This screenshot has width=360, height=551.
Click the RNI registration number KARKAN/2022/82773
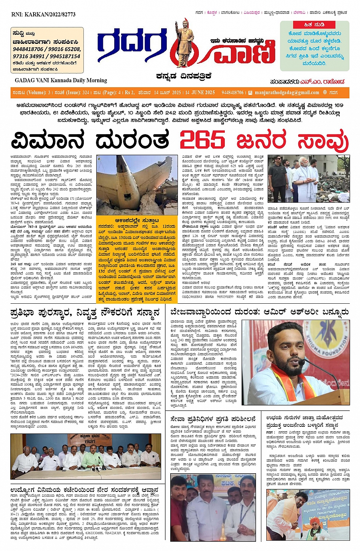point(43,14)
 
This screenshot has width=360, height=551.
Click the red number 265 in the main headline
point(202,140)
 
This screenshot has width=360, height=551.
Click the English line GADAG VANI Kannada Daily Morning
point(61,80)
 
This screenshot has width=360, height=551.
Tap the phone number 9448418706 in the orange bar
point(232,93)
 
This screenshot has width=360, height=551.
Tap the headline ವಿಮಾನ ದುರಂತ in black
point(90,140)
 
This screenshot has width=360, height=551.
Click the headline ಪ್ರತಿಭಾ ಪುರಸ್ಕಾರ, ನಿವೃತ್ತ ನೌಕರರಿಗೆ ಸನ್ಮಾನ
point(85,313)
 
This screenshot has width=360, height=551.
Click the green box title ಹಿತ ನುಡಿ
point(314,24)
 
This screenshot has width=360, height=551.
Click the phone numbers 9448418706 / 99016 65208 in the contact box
point(47,49)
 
